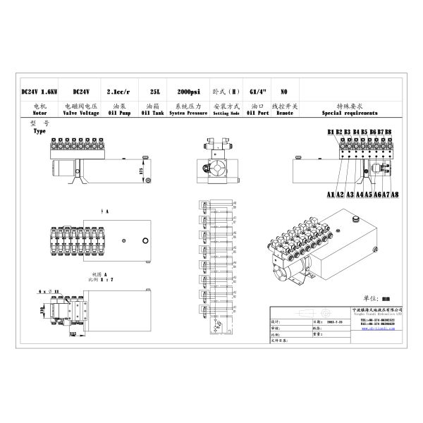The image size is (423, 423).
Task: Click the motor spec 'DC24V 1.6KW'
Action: coord(39,92)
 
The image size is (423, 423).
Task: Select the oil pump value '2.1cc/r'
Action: coord(116,92)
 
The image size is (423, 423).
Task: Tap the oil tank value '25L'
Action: coord(154,92)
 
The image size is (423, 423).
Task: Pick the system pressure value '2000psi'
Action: coord(188,92)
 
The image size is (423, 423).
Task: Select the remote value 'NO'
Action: coord(283,92)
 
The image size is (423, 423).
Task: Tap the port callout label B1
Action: coord(331,132)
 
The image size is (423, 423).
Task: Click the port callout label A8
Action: coord(395,194)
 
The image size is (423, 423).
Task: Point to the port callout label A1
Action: coord(331,194)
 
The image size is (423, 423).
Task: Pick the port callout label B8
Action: coord(388,132)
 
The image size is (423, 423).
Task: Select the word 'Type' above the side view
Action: coord(39,132)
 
